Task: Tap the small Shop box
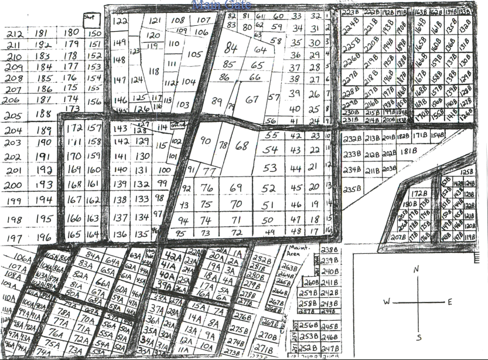coord(91,18)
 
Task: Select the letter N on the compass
coord(417,270)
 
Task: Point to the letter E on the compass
coord(449,302)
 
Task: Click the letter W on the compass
coord(387,302)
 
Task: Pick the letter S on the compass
coord(418,337)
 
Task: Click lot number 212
coord(15,34)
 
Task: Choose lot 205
coord(13,116)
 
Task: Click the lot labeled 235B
coord(352,189)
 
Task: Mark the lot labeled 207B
coord(398,237)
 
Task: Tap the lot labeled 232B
coord(352,139)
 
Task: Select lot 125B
coord(466,172)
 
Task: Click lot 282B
coord(261,259)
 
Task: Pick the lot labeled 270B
coord(267,337)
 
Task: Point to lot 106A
coord(24,258)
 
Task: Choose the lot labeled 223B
coord(350,12)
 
